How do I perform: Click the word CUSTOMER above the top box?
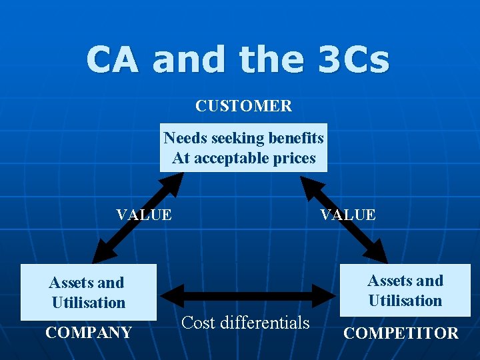coord(243,106)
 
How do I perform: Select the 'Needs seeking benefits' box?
coord(243,147)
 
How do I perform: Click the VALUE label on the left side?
coord(143,215)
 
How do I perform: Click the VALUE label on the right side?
coord(347,215)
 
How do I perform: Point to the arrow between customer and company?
coord(138,217)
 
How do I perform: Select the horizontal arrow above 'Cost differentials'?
coord(248,295)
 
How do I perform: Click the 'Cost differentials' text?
coord(245,323)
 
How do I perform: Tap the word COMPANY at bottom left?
coord(88,333)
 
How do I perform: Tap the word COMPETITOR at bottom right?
coord(401,333)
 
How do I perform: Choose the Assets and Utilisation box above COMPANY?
coord(88,292)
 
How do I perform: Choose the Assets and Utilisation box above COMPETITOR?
coord(405,290)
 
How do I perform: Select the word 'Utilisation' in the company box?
coord(89,303)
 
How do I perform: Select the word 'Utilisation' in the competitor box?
coord(405,301)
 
